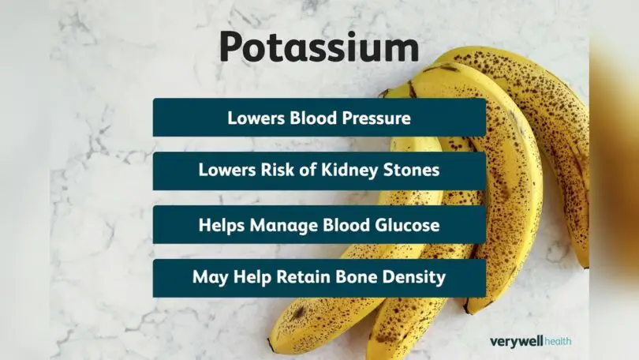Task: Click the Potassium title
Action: pyautogui.click(x=319, y=48)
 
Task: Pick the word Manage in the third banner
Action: pyautogui.click(x=279, y=225)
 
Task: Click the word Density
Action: pyautogui.click(x=416, y=278)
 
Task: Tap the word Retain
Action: pyautogui.click(x=312, y=278)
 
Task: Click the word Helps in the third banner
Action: pyautogui.click(x=221, y=225)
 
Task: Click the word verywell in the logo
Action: pyautogui.click(x=514, y=341)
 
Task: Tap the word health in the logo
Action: pyautogui.click(x=556, y=341)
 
